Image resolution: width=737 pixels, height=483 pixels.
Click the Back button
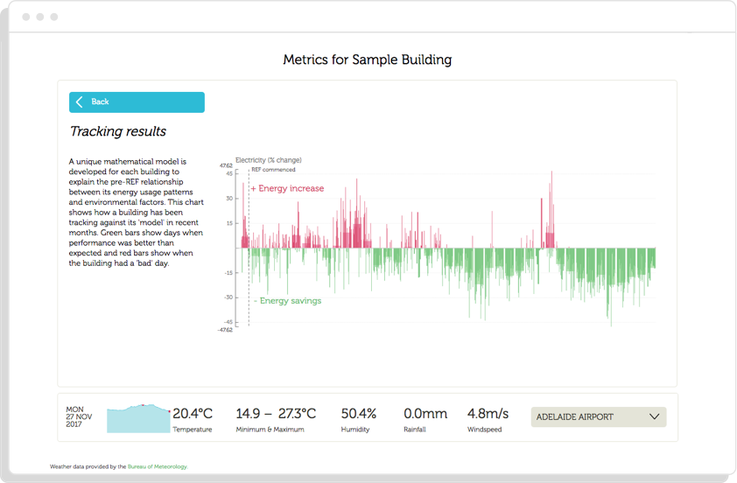pyautogui.click(x=137, y=102)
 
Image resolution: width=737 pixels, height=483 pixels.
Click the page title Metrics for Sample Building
pyautogui.click(x=368, y=60)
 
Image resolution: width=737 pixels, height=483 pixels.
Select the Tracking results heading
pyautogui.click(x=118, y=132)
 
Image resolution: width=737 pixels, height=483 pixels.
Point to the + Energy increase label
pyautogui.click(x=287, y=189)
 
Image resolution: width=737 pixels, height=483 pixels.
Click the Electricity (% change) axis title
pyautogui.click(x=269, y=160)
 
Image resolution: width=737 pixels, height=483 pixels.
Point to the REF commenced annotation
pyautogui.click(x=273, y=170)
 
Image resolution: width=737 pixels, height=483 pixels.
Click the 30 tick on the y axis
pyautogui.click(x=228, y=199)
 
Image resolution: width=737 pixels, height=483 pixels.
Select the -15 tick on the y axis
pyautogui.click(x=228, y=273)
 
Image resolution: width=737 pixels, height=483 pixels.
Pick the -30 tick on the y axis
pyautogui.click(x=228, y=297)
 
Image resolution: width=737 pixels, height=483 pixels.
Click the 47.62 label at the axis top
pyautogui.click(x=226, y=165)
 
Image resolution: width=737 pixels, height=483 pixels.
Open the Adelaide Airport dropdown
pyautogui.click(x=598, y=417)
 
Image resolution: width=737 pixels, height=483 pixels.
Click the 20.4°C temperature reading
pyautogui.click(x=193, y=414)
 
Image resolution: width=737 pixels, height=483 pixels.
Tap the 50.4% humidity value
pyautogui.click(x=359, y=414)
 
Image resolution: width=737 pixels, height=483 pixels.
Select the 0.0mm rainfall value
pyautogui.click(x=425, y=414)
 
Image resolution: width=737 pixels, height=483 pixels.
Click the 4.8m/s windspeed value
pyautogui.click(x=488, y=414)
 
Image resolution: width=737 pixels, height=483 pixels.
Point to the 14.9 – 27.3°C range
pyautogui.click(x=276, y=414)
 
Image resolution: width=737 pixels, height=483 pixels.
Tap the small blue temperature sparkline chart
pyautogui.click(x=138, y=418)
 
